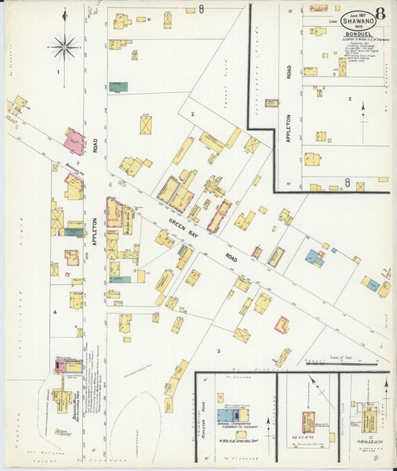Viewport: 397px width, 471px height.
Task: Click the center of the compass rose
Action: [65, 48]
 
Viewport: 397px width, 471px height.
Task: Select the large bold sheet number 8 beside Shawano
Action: [381, 16]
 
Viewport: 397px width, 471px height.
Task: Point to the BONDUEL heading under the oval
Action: [358, 34]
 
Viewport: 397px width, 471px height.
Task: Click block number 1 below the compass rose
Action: [57, 72]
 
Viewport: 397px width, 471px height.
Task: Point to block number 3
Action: [218, 350]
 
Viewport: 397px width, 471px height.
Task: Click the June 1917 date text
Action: [356, 13]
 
